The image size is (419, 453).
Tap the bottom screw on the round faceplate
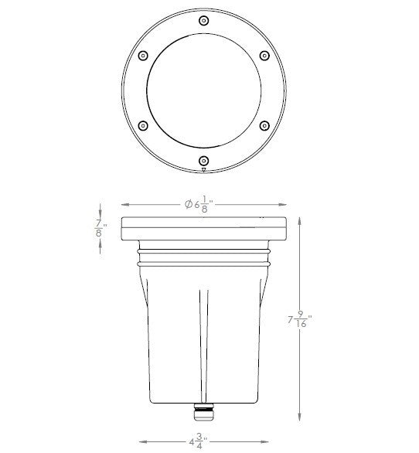coord(203,160)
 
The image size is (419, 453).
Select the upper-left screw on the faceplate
coord(142,55)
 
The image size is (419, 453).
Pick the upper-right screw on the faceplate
coord(264,55)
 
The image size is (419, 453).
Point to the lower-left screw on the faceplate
coord(142,125)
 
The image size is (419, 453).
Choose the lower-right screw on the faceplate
coord(264,125)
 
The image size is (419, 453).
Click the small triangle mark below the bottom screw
coord(203,169)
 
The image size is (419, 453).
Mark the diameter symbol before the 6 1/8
coord(188,205)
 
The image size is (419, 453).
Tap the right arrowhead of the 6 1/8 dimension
coord(285,205)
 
